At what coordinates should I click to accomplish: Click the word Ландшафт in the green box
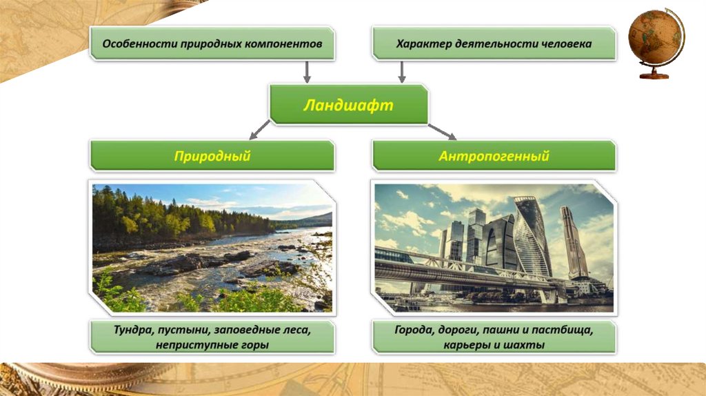coord(348,105)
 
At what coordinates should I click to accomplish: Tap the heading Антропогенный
coord(494,156)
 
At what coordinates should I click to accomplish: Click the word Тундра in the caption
coord(134,330)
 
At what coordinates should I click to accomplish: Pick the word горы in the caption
coord(252,344)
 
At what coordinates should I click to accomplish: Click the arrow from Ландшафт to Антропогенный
coord(443,131)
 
